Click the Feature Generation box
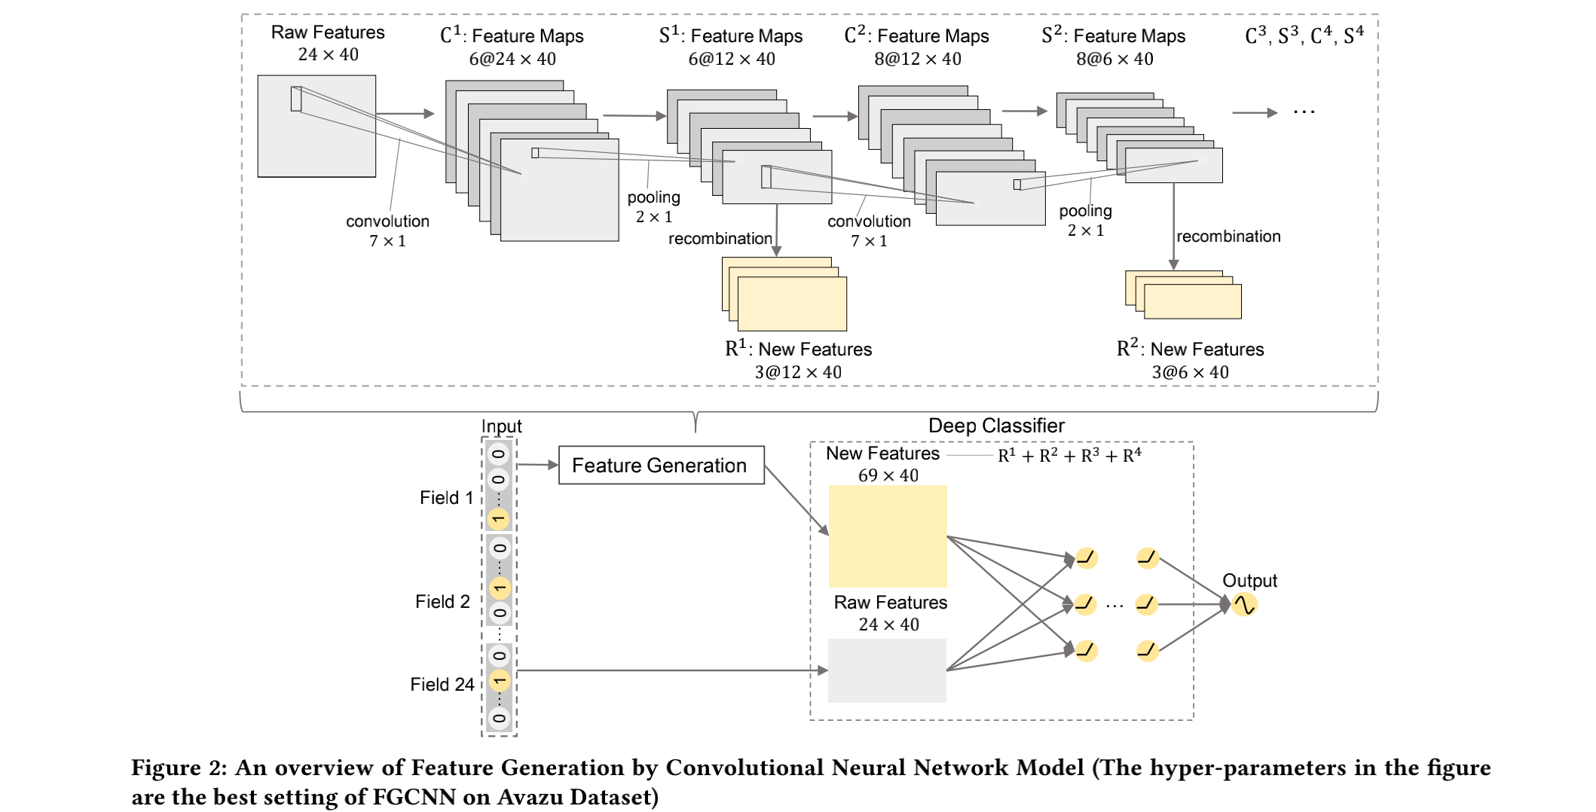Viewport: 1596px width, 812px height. point(661,465)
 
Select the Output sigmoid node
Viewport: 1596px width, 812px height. point(1244,604)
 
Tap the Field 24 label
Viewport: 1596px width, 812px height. point(442,684)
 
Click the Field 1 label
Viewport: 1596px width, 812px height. point(446,498)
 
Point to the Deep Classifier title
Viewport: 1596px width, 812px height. point(996,426)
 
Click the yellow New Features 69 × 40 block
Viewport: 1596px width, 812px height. point(888,536)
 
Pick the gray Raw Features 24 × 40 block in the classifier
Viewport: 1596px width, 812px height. point(887,670)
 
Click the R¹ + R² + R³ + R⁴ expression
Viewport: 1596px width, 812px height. point(1069,456)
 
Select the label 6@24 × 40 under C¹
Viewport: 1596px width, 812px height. point(512,59)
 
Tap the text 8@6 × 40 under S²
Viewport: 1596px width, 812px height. point(1114,59)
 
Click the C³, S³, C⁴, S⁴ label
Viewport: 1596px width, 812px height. point(1304,35)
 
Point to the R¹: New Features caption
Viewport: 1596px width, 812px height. point(798,349)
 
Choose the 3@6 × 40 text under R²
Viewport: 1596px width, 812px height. point(1190,372)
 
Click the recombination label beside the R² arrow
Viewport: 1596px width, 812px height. point(1228,237)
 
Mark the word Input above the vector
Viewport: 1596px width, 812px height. point(501,426)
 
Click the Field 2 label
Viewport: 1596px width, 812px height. point(442,602)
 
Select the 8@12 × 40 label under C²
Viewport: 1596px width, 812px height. point(917,59)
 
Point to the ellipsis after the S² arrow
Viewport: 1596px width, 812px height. point(1304,112)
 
